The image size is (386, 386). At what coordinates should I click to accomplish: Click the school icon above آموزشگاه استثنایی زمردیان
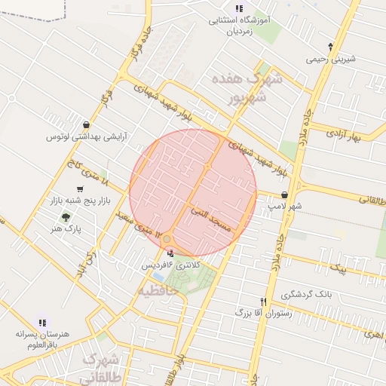[x=239, y=8]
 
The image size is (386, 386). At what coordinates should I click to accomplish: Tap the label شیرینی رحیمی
[x=330, y=59]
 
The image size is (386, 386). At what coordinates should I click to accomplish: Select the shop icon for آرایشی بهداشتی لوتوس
[x=87, y=125]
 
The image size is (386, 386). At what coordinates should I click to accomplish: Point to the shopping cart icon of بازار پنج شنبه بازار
[x=80, y=189]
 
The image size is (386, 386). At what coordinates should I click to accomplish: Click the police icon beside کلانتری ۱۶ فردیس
[x=169, y=254]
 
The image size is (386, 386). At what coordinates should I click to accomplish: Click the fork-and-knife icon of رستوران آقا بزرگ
[x=263, y=300]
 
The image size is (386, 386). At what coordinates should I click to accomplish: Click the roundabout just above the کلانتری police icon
[x=167, y=240]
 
